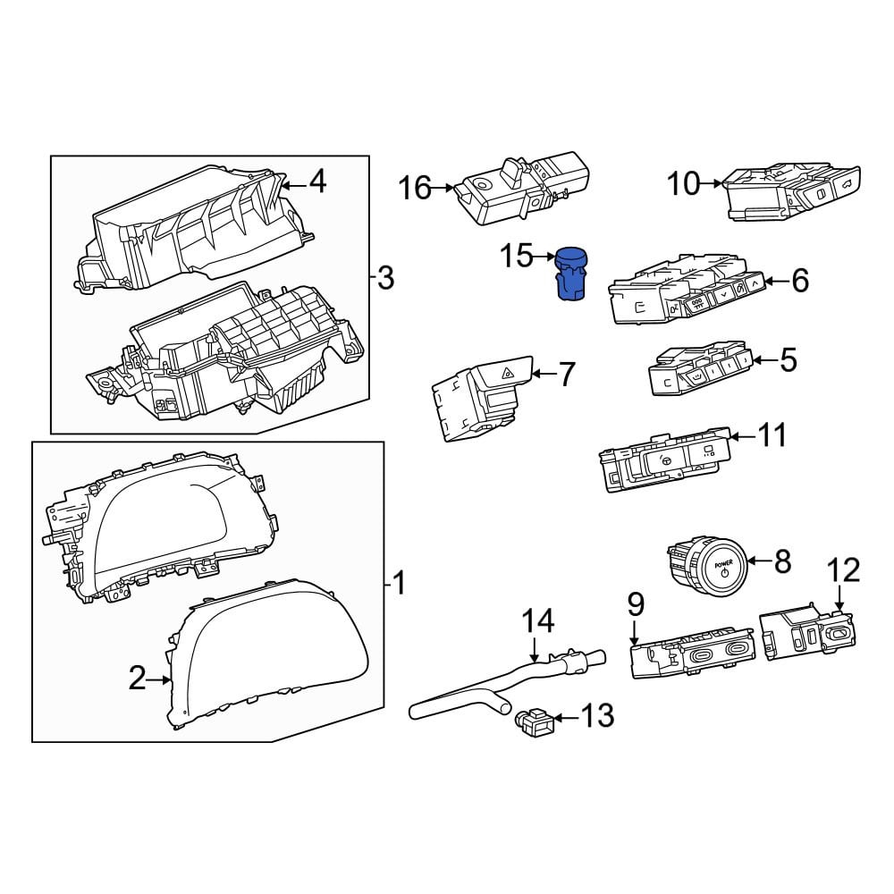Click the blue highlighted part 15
[572, 274]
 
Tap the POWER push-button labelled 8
[707, 567]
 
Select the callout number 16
[415, 188]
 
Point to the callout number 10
[684, 183]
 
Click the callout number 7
[566, 375]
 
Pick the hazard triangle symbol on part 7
[506, 374]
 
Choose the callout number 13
[597, 715]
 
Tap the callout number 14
[538, 621]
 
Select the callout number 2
[137, 679]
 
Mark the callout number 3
[386, 278]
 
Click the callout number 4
[317, 181]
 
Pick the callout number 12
[844, 570]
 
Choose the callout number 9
[636, 604]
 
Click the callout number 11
[772, 436]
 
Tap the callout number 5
[788, 360]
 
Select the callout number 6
[800, 281]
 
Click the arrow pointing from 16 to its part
[443, 188]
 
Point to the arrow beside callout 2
[158, 679]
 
